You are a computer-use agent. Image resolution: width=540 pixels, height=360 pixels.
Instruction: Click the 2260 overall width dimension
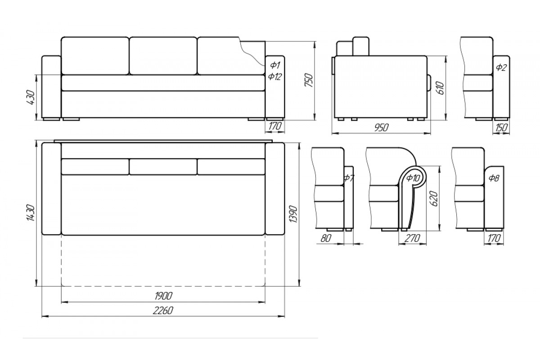163,311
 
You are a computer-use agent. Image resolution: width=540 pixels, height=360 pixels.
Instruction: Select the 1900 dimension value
163,296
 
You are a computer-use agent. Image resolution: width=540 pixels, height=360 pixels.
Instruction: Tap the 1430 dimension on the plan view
31,213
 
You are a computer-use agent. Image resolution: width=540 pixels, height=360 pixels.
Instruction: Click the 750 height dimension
309,81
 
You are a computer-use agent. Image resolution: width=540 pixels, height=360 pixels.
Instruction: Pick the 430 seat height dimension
31,97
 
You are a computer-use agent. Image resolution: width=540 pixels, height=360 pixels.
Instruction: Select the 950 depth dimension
382,127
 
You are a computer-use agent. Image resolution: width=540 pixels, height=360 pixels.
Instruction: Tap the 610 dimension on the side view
440,88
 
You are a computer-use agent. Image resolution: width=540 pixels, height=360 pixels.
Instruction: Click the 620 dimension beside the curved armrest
433,198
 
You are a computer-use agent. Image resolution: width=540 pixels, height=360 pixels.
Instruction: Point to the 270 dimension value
412,238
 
